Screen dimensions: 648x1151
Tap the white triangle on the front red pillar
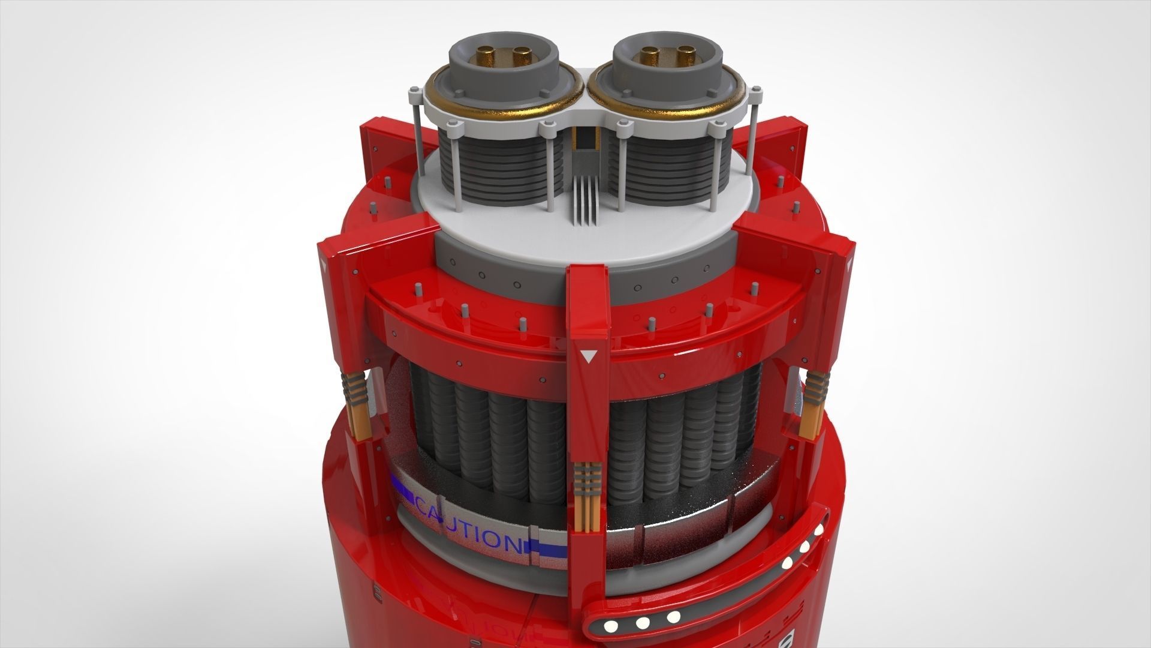click(589, 357)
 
